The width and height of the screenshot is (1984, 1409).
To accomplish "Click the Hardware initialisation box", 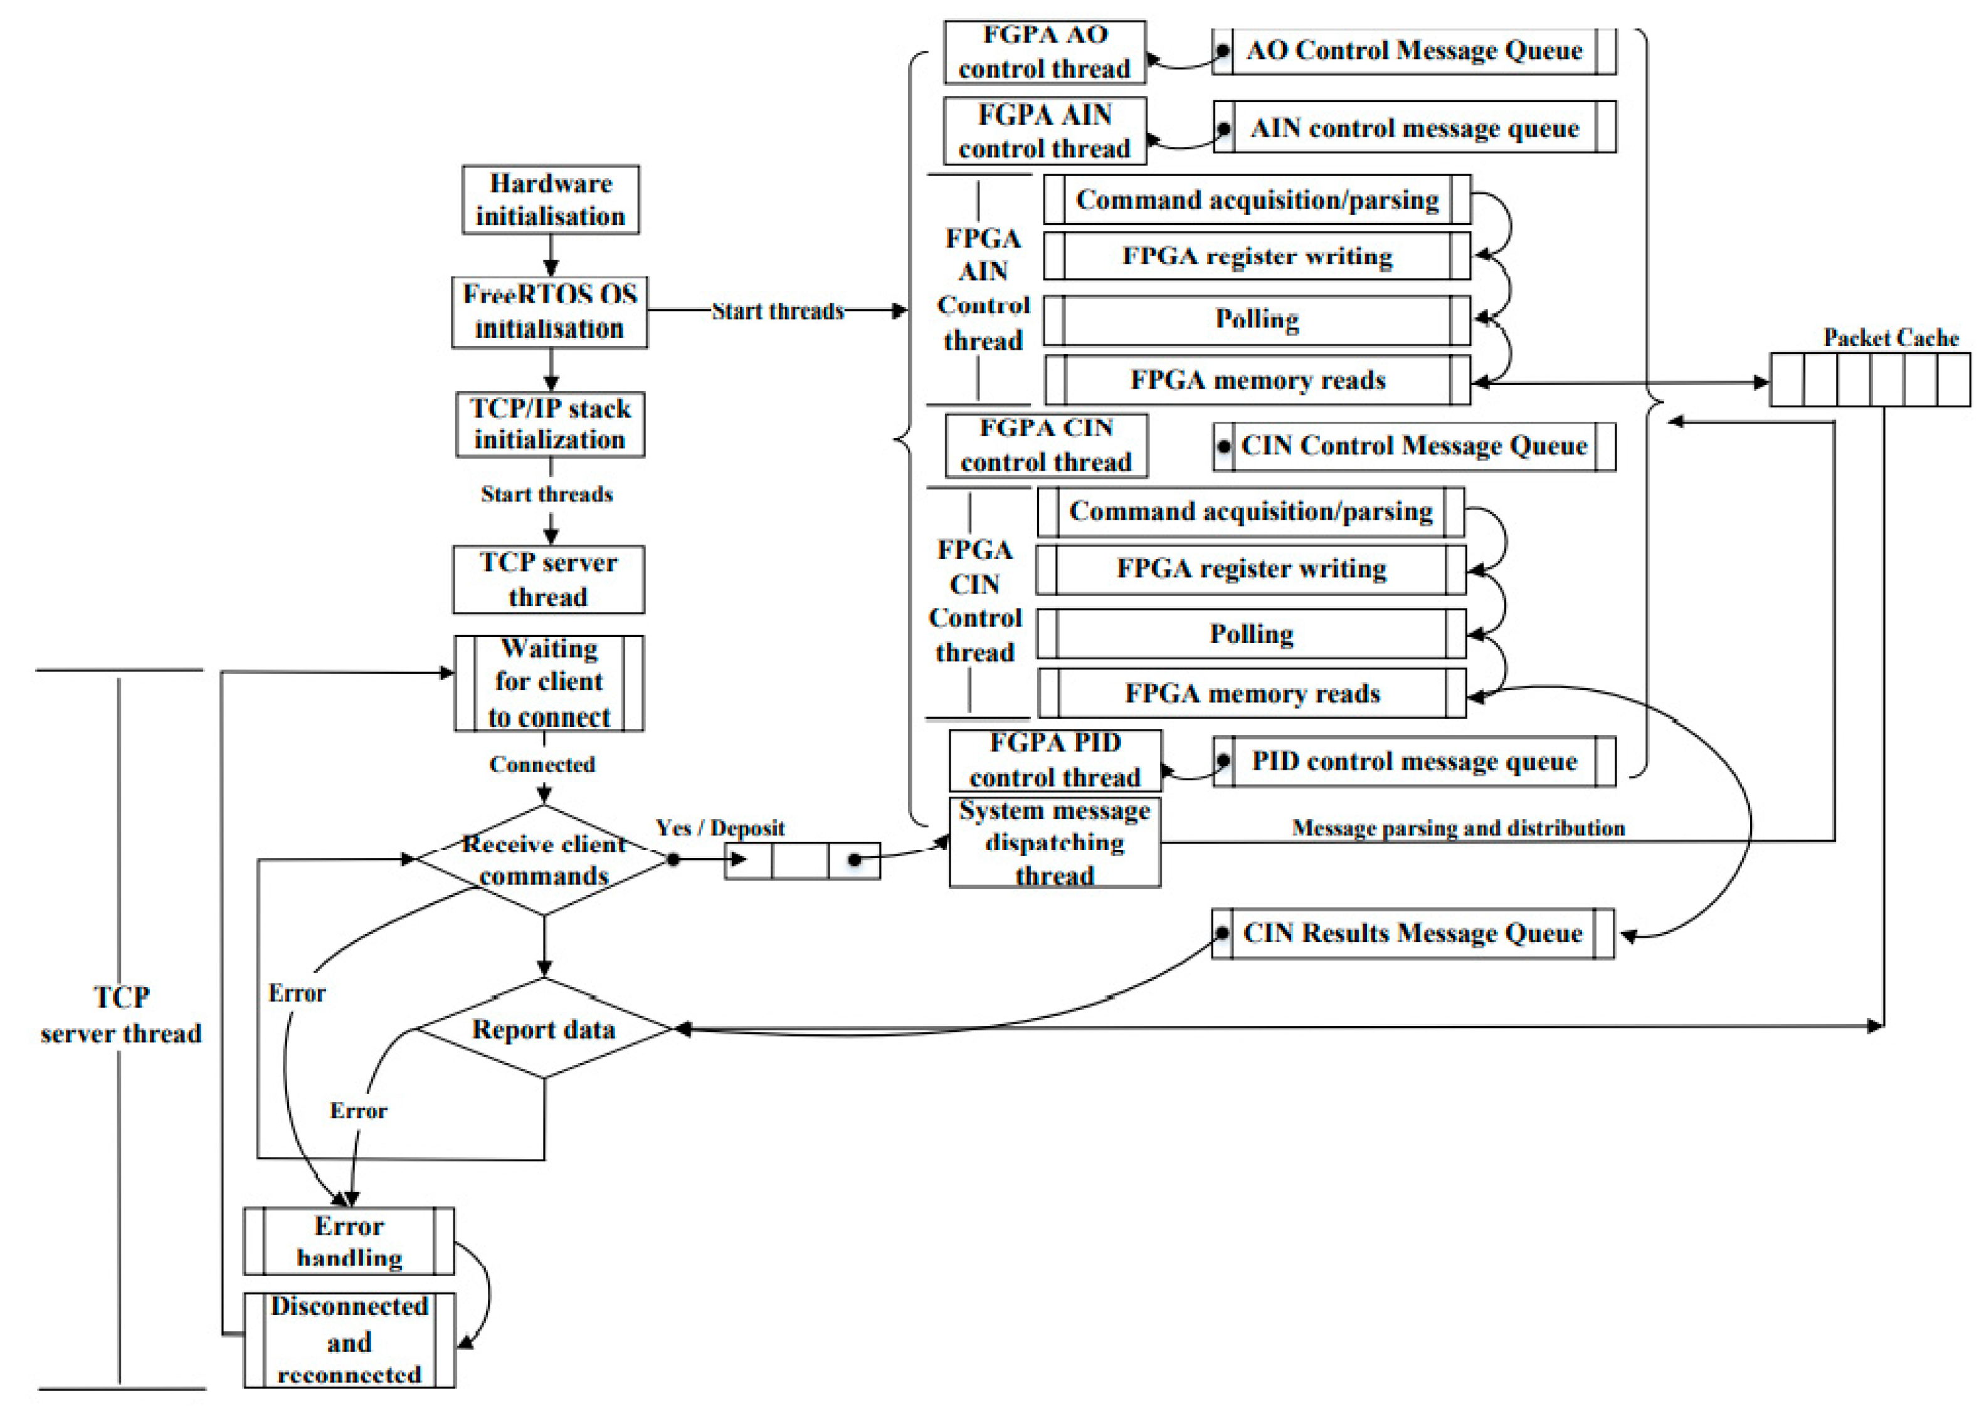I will (x=551, y=199).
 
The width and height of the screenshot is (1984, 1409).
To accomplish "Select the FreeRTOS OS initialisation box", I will (x=549, y=312).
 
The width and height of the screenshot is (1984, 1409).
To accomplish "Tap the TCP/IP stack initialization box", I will (x=551, y=424).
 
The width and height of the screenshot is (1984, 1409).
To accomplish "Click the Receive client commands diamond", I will (x=544, y=860).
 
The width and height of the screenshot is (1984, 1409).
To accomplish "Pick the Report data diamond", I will (x=544, y=1029).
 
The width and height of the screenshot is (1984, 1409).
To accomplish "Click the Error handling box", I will (x=349, y=1242).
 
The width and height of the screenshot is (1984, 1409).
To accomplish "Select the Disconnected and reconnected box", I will (x=349, y=1341).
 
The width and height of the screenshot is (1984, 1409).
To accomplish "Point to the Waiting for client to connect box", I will (x=549, y=683).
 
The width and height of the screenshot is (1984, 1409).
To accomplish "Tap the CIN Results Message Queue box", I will (x=1413, y=933).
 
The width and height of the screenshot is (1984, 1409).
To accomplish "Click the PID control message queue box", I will (x=1414, y=762).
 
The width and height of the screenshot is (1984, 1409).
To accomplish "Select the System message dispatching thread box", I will (x=1055, y=842).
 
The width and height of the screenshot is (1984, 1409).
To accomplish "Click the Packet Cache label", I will (x=1891, y=337).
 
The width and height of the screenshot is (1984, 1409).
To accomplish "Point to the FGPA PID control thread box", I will (x=1055, y=760).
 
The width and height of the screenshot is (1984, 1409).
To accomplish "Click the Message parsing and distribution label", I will (x=1458, y=828).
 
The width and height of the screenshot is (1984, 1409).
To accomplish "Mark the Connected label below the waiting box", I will (x=542, y=765).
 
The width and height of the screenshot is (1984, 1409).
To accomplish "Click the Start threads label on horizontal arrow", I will (x=778, y=311).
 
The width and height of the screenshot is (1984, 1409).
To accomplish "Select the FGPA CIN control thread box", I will (x=1046, y=445).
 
